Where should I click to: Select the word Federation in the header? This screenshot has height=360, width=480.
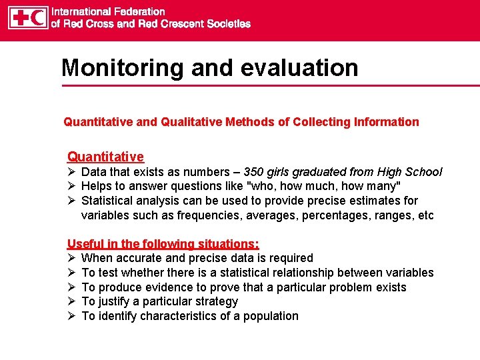tap(139, 11)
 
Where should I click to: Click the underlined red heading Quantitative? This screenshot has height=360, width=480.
tap(105, 157)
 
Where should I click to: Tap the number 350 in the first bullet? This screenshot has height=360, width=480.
tap(254, 172)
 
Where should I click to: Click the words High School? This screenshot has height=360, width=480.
tap(414, 172)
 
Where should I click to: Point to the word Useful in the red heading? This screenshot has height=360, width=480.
tap(85, 244)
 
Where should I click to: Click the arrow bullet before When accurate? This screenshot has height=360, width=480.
tap(71, 258)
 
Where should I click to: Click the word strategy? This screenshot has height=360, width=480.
tap(215, 301)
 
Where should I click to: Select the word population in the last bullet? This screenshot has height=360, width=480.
tap(270, 316)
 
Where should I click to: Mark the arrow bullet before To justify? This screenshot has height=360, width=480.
tap(71, 301)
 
